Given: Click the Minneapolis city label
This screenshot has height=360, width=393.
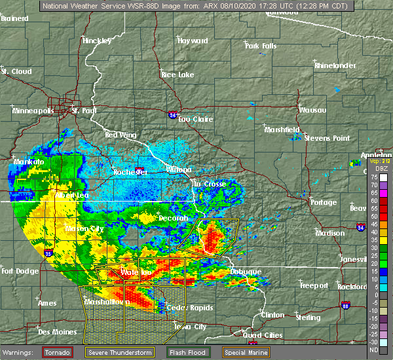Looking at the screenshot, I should pos(33,111).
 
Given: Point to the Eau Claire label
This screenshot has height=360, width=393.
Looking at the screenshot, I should pos(193,119).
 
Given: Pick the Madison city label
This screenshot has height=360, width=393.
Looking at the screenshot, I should pos(329,233).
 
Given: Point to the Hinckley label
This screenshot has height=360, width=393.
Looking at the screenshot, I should pos(97,41).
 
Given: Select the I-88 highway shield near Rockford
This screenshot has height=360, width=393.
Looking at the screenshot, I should pos(345,306).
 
